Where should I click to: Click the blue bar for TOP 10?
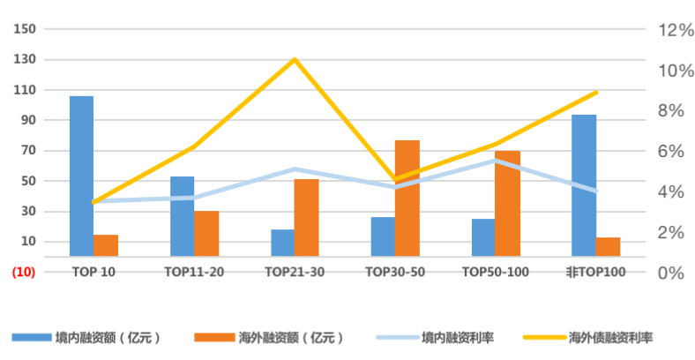point(81,176)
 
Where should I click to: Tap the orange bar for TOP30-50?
point(407,198)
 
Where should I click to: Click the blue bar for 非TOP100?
point(584,185)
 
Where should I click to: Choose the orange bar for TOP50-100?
point(508,203)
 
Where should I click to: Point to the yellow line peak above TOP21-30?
point(295,60)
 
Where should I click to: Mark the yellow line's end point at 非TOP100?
point(596,92)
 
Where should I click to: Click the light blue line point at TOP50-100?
point(496,161)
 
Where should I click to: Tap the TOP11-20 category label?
point(194,272)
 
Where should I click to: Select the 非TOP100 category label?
point(595,272)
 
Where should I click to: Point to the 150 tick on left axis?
point(26,29)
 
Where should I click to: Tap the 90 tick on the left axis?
point(28,120)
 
